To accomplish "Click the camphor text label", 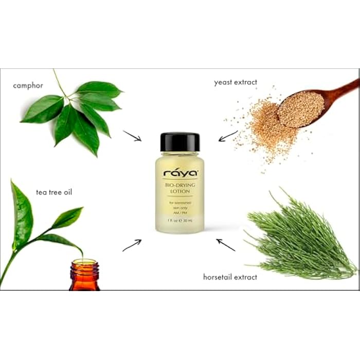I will [28, 85].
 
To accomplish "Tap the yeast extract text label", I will [236, 82].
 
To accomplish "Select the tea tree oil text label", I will [54, 192].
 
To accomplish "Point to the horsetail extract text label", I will [229, 277].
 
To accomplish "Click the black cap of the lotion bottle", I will [179, 142].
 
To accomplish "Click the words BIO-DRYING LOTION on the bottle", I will [179, 187].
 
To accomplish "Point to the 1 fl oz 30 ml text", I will [179, 221].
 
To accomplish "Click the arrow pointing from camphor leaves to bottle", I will [132, 136].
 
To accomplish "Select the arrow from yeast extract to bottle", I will [228, 136].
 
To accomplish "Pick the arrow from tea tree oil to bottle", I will [132, 245].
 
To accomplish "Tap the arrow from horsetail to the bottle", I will [226, 245].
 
